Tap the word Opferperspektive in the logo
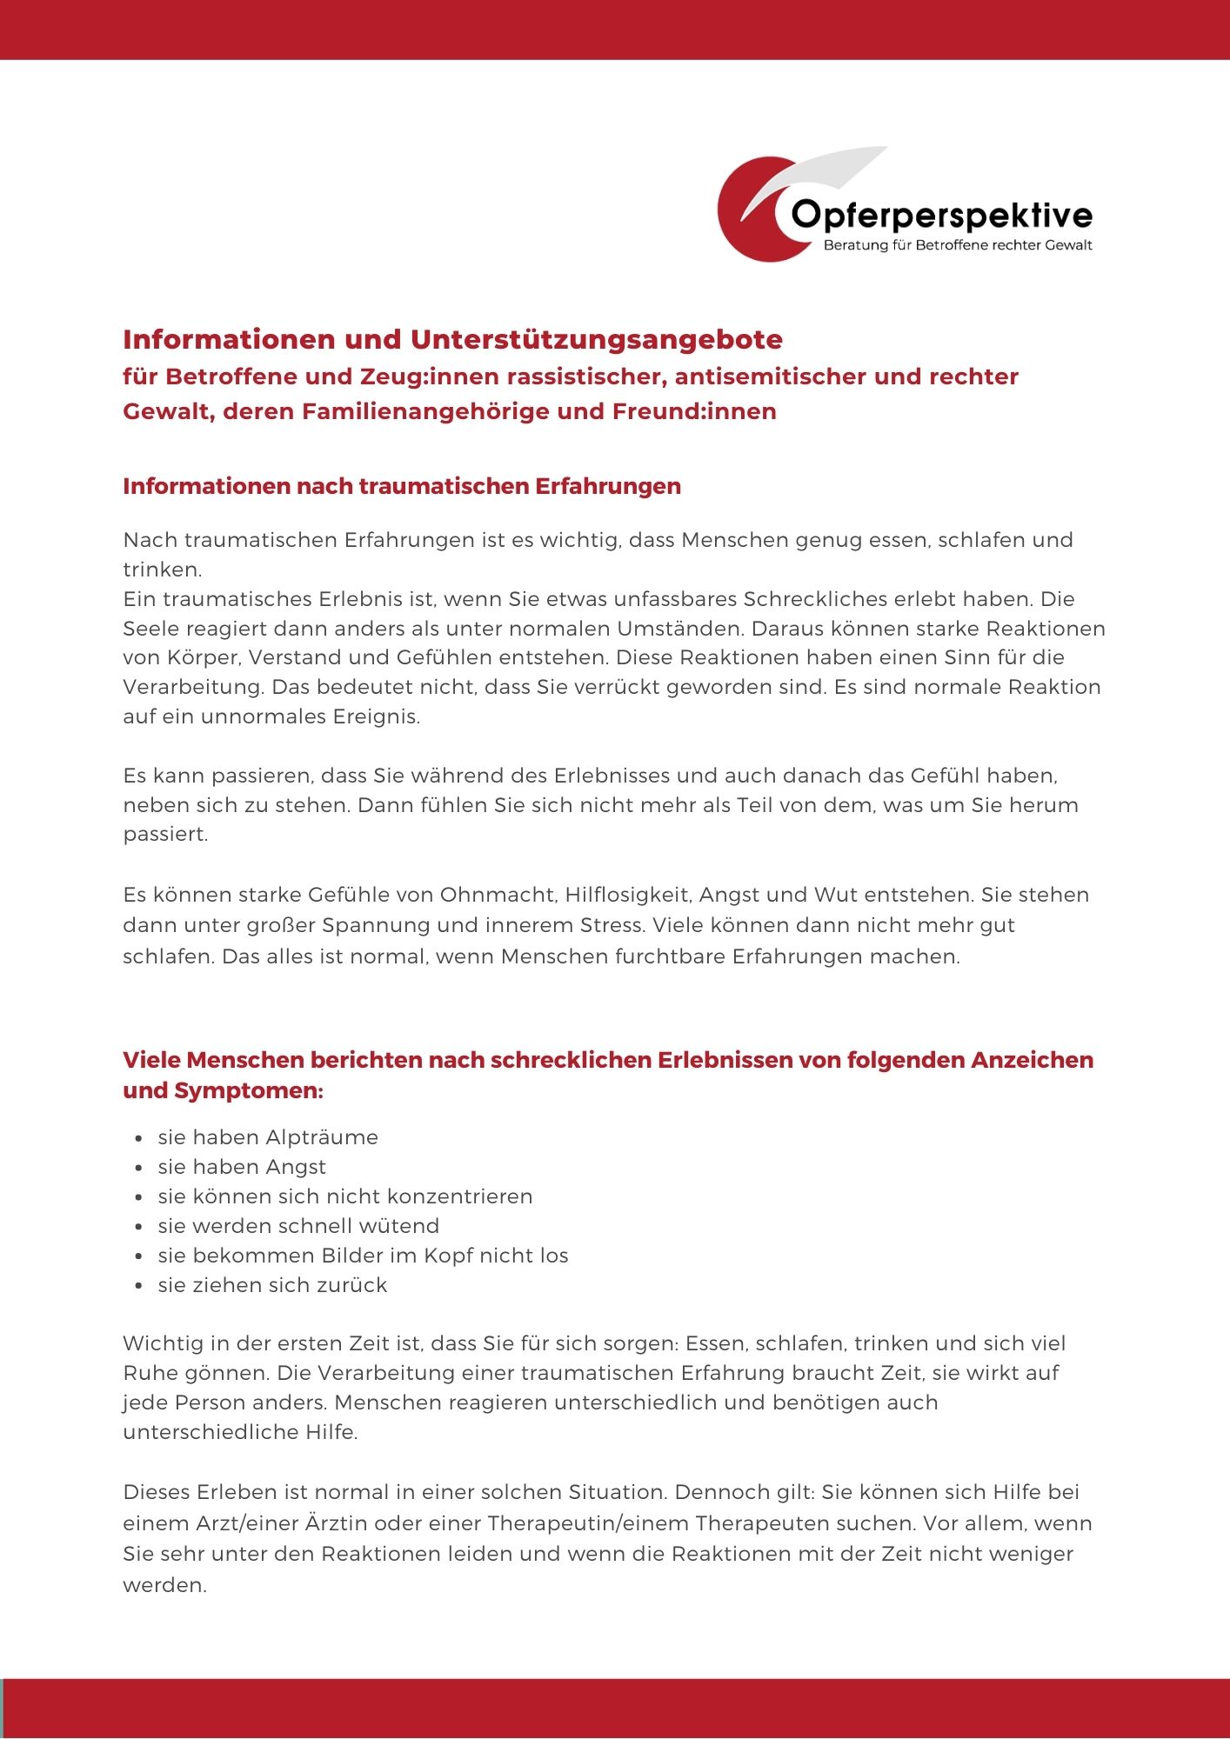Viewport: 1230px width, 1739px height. point(942,215)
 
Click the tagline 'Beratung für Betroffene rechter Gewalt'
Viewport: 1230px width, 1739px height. point(957,245)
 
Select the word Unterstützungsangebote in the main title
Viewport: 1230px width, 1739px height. point(597,339)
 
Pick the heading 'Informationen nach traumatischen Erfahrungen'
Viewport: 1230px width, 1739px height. point(402,486)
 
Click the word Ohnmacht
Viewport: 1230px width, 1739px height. point(498,895)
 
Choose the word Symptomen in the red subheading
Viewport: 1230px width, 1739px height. point(249,1090)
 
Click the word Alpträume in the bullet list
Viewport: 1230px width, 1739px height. point(322,1137)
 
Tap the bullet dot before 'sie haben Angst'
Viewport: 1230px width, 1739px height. point(139,1168)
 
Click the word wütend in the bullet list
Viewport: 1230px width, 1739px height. point(398,1226)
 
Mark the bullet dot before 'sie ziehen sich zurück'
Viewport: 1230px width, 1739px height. point(139,1286)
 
